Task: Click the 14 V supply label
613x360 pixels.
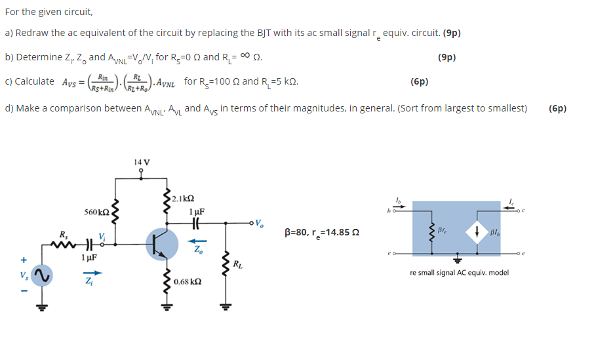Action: [x=141, y=162]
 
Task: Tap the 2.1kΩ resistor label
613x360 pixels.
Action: [x=184, y=198]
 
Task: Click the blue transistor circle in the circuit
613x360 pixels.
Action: [x=161, y=244]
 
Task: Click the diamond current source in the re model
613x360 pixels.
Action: [x=476, y=231]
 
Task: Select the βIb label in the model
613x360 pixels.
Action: [x=496, y=232]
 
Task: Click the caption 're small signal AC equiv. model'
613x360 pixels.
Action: [x=459, y=272]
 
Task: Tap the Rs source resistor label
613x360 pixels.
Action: [x=63, y=233]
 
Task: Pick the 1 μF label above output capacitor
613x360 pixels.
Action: [x=196, y=211]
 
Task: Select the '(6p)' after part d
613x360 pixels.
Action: [x=557, y=108]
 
